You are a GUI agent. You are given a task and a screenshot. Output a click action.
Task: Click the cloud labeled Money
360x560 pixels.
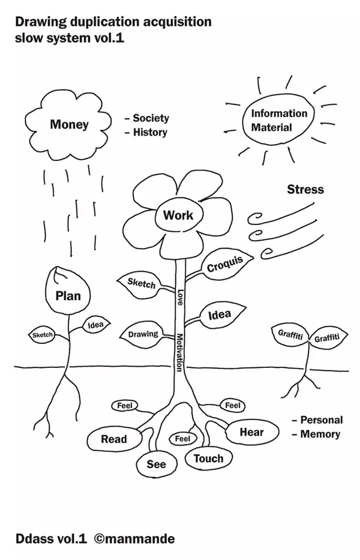click(70, 125)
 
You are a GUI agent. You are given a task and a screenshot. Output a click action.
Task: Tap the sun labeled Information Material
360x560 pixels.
click(279, 120)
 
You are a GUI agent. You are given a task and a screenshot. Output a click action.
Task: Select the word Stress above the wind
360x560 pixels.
click(305, 190)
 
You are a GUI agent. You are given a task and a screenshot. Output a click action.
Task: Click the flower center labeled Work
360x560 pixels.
click(178, 214)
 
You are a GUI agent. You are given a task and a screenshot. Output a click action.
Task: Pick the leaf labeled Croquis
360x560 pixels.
click(225, 264)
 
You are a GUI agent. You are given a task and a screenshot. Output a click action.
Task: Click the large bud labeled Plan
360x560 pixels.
click(68, 295)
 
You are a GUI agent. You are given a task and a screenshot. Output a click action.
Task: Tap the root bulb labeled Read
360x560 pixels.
click(113, 439)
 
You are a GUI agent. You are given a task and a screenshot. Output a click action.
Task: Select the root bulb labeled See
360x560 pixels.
click(157, 464)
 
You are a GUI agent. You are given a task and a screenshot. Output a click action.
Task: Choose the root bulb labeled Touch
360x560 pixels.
click(208, 459)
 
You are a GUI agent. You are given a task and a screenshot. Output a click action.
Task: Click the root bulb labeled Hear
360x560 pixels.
click(251, 432)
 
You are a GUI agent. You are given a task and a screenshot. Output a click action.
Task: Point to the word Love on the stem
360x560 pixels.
click(179, 298)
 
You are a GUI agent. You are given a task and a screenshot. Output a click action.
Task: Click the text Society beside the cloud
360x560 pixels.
click(151, 118)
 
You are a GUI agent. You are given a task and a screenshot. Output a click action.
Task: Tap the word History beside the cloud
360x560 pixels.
click(150, 132)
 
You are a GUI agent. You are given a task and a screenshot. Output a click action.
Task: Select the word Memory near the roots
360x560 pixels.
click(320, 434)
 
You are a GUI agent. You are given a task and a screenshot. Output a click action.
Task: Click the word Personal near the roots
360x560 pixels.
click(322, 420)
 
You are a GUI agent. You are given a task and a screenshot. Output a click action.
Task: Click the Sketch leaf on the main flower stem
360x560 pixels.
click(141, 283)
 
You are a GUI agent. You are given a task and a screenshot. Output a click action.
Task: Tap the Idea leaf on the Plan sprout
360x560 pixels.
click(95, 325)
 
